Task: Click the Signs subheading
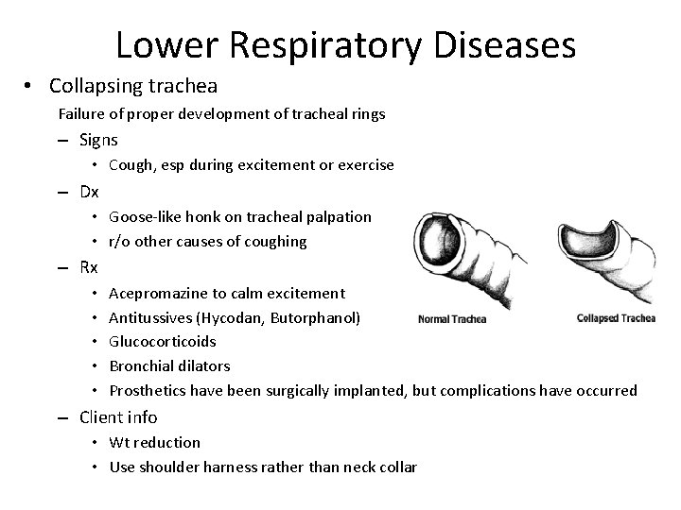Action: point(98,141)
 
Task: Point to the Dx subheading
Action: point(89,192)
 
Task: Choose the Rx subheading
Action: point(89,267)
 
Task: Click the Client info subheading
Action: point(118,416)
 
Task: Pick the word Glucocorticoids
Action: point(163,342)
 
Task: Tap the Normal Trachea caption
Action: point(451,318)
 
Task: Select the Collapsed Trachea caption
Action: point(616,318)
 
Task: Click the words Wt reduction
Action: point(155,442)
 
